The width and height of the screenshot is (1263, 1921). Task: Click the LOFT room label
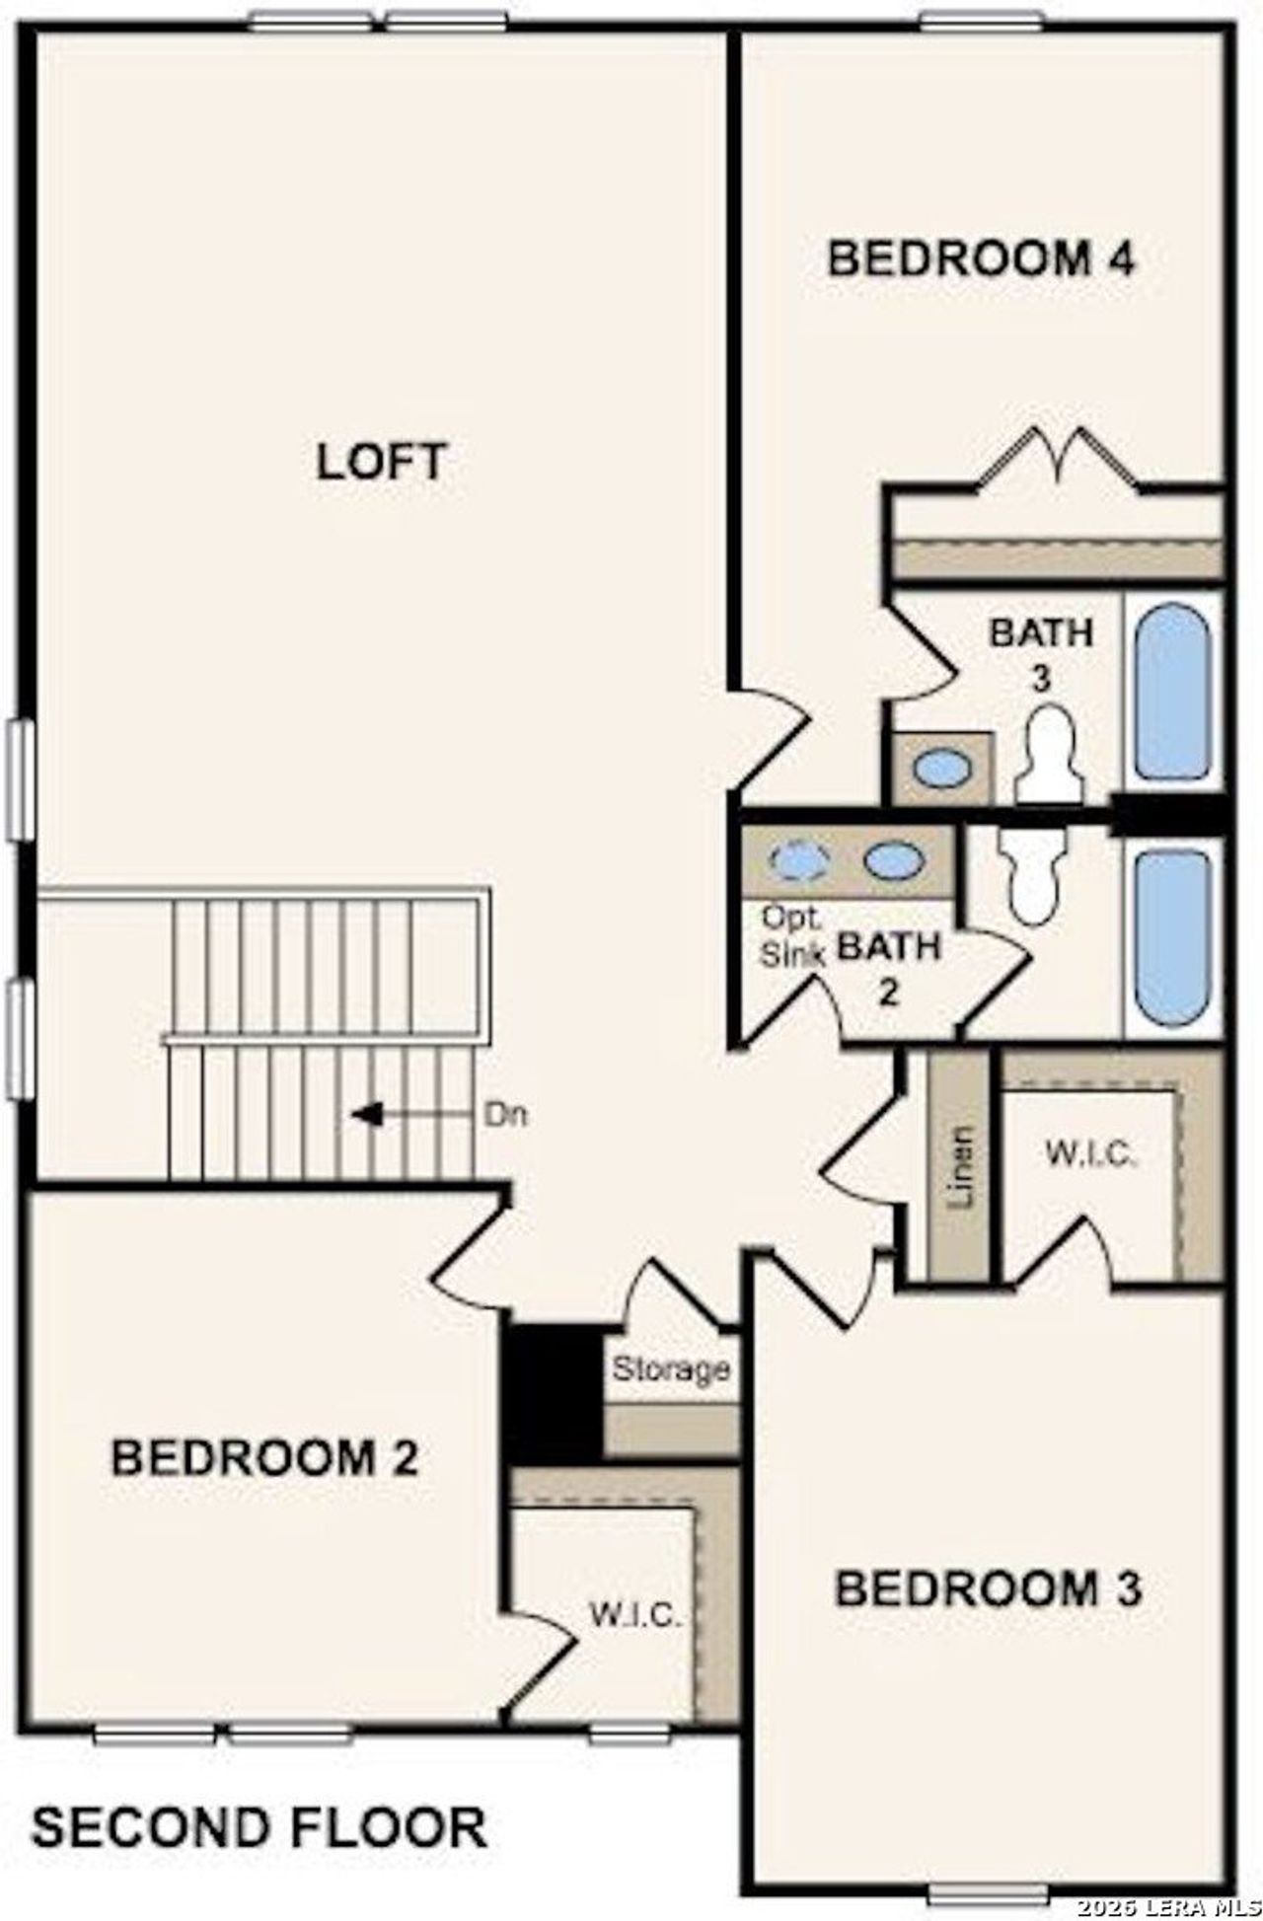tap(382, 463)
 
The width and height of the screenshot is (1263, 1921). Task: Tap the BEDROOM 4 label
tap(981, 259)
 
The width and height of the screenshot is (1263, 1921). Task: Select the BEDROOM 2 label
tap(264, 1457)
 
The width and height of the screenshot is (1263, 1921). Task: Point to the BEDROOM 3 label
tap(989, 1589)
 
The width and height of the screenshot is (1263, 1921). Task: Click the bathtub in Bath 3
tap(1172, 692)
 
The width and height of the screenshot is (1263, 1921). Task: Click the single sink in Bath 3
tap(941, 769)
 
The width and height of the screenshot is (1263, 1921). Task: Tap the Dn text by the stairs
tap(506, 1116)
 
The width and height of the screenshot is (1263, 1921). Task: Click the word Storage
tap(671, 1370)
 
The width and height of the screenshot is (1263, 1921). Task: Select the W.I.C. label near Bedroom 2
tap(636, 1616)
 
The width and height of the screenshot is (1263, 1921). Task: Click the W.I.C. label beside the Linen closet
tap(1091, 1153)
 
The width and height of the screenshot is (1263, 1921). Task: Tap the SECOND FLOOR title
tap(259, 1799)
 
